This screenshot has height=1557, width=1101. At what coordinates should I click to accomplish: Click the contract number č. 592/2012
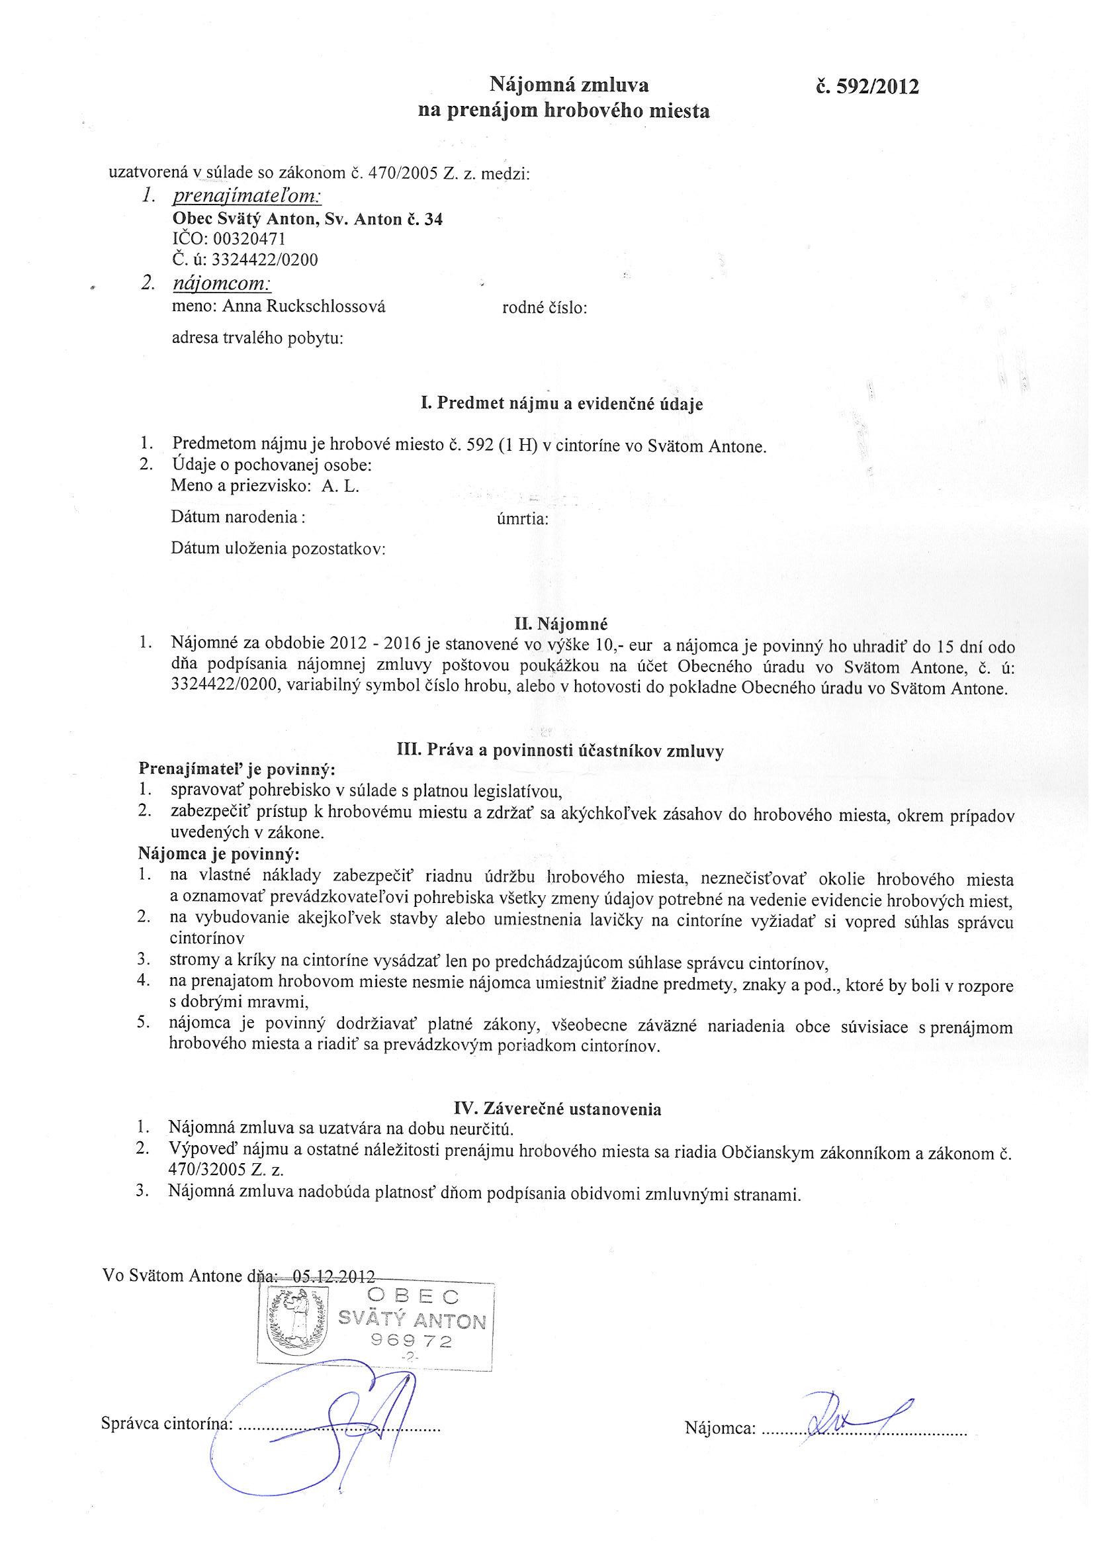point(868,87)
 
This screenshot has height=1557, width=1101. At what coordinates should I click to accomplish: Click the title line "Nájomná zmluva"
point(570,85)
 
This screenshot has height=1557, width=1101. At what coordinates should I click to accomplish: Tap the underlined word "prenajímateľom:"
point(247,197)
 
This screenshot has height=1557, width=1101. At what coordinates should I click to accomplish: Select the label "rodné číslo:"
point(544,308)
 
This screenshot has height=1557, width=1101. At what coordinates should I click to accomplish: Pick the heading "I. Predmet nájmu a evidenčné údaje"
point(561,404)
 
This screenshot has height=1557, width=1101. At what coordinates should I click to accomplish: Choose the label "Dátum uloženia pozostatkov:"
point(278,549)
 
